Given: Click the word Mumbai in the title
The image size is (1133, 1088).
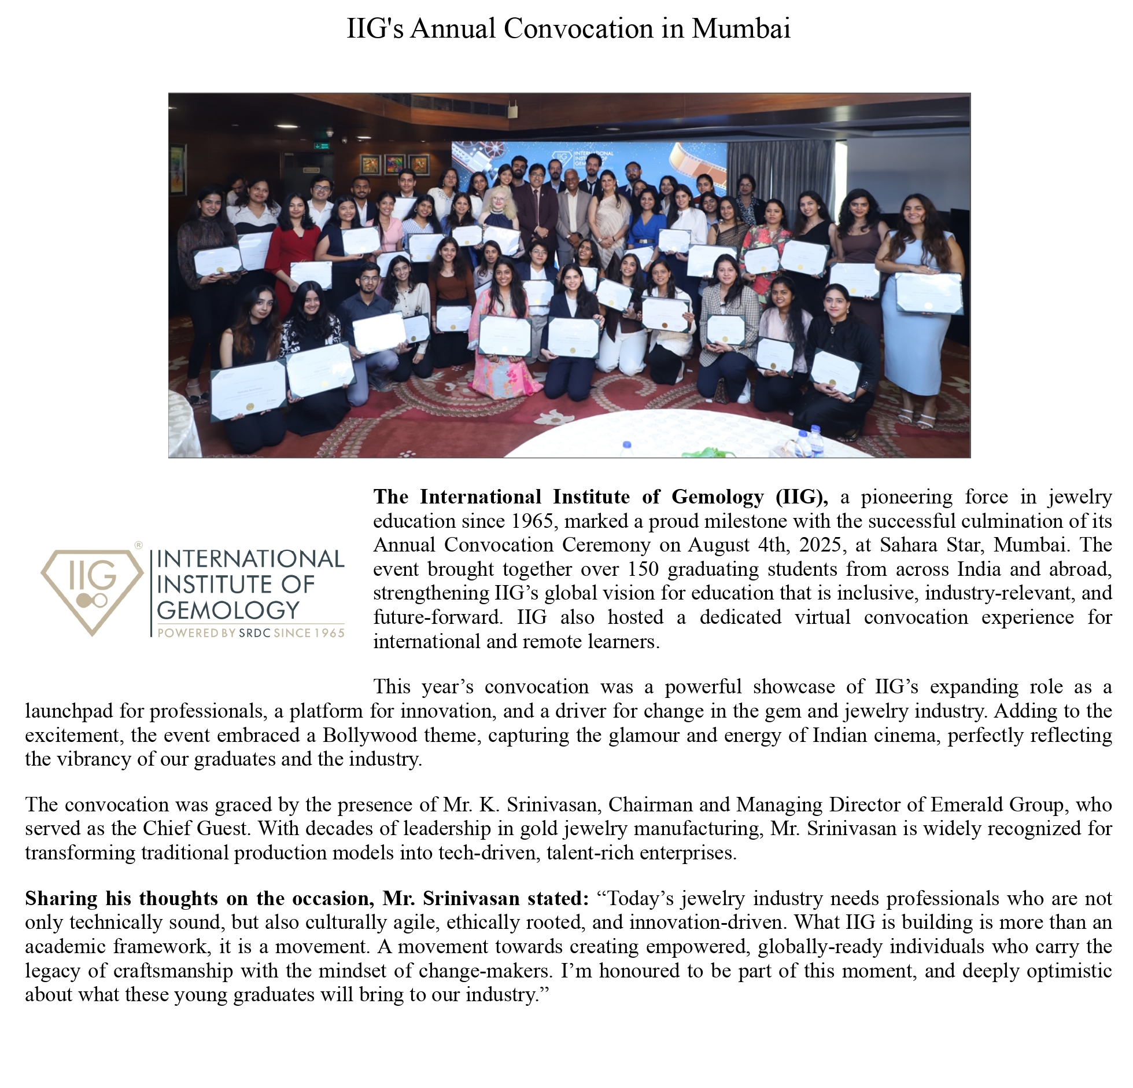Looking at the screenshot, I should [x=741, y=29].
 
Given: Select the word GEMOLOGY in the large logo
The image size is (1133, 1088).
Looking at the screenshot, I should [x=228, y=610].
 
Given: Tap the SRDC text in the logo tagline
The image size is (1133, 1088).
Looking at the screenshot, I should [x=254, y=633].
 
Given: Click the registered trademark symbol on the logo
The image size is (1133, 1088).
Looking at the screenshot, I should [x=138, y=545].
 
